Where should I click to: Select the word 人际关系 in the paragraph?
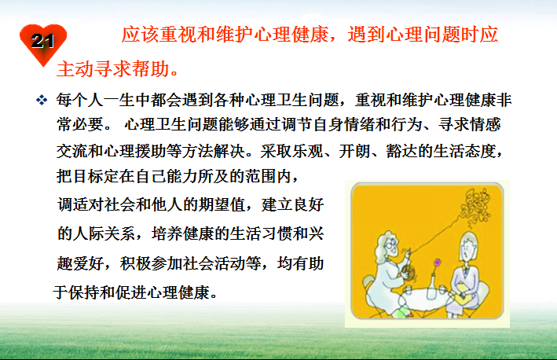click(x=112, y=233)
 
